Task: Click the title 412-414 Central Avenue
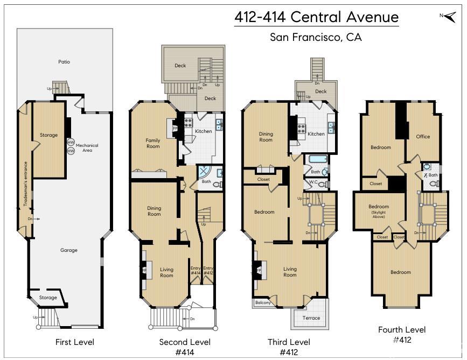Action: coord(316,17)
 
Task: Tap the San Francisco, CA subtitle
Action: coord(316,38)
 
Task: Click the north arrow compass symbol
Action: coord(447,16)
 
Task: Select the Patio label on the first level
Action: coord(64,62)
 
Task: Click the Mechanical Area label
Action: coord(87,147)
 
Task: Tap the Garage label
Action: coord(68,250)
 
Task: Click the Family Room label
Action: coord(153,143)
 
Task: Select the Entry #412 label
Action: coord(208,270)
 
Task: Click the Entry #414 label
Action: coord(196,270)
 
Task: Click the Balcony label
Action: coord(262,302)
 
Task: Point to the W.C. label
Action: coord(313,182)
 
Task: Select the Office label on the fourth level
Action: coord(423,137)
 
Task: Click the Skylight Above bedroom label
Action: coord(379,209)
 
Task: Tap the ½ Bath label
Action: coord(430,175)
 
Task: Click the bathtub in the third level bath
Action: coord(316,160)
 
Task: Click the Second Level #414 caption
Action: coord(185,347)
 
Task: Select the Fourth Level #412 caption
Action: coord(401,334)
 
